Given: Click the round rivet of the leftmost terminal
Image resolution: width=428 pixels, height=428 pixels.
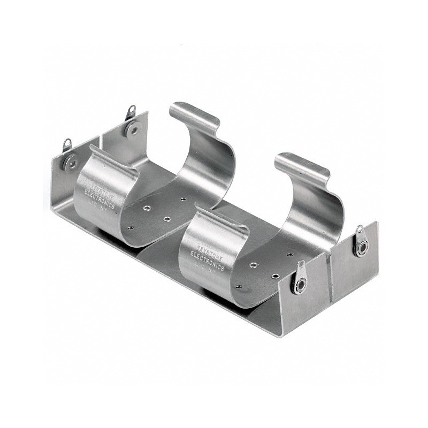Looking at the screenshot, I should coord(70,162).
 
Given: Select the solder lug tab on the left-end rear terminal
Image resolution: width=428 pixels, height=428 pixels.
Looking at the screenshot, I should coord(131,112).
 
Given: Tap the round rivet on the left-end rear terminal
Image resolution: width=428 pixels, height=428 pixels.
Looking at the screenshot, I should coord(131,128).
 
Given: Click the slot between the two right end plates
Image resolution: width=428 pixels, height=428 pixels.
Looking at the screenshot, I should coord(328,278).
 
